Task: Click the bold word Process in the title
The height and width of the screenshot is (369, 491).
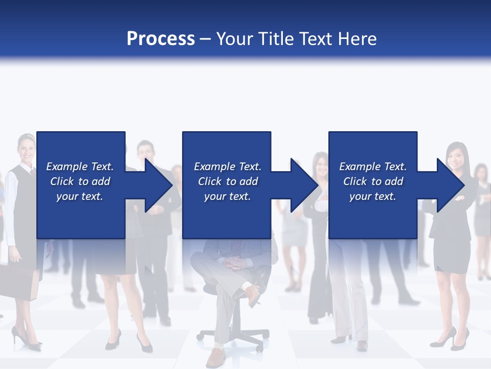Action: pos(161,38)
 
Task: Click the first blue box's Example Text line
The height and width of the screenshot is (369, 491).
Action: pos(80,167)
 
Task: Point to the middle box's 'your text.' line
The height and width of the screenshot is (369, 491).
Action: pos(227,196)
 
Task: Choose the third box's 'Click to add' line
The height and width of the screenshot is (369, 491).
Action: pos(373,181)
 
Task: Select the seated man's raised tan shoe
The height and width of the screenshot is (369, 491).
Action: pos(253,296)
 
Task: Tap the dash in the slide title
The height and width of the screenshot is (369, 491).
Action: pos(206,38)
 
